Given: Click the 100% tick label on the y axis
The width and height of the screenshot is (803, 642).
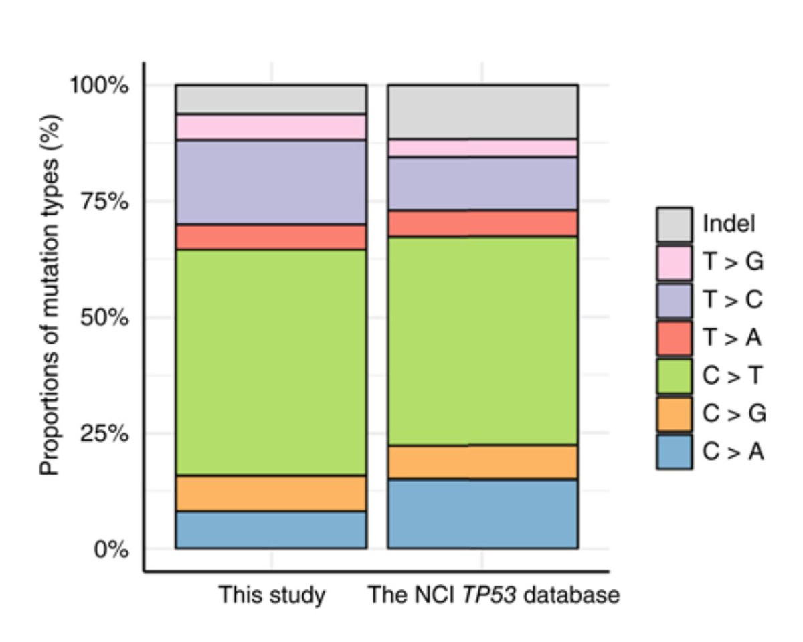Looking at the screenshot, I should click(100, 86).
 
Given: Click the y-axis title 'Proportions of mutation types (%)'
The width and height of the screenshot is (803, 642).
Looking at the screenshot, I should click(51, 294).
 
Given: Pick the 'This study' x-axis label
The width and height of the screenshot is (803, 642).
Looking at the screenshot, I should click(272, 595).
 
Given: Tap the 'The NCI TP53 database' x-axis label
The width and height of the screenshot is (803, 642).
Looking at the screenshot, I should click(494, 595).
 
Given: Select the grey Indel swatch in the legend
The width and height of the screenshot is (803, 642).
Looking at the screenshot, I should click(674, 224).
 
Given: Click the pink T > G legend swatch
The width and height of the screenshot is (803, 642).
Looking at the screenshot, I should click(674, 262).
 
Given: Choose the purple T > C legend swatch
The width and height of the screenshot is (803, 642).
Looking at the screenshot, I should click(674, 300).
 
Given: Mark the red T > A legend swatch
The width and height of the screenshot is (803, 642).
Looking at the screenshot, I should click(674, 338).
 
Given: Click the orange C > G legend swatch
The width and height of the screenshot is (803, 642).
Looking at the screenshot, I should click(674, 415).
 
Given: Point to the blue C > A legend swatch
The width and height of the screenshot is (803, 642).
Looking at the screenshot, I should click(674, 453).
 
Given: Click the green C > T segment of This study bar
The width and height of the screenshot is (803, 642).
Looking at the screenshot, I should click(271, 362).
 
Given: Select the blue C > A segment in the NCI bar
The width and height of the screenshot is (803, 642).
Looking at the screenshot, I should click(482, 514).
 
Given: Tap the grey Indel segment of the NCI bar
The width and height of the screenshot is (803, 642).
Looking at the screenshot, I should click(482, 112).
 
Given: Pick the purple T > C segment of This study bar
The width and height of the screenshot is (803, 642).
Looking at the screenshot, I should click(271, 182).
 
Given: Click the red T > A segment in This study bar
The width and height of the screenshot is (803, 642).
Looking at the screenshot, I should click(271, 237).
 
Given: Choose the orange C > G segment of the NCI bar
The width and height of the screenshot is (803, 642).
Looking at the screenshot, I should click(482, 461).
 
